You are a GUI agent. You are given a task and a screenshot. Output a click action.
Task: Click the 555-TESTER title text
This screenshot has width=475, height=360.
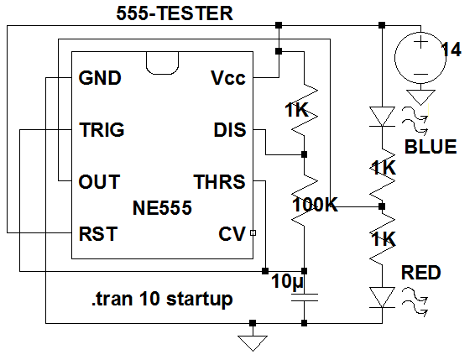(175, 13)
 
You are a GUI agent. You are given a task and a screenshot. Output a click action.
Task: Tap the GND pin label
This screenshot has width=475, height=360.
(100, 78)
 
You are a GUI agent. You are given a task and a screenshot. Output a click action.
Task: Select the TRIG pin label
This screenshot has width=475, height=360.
(102, 130)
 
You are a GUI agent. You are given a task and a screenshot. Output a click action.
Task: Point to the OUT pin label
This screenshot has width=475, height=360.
(99, 182)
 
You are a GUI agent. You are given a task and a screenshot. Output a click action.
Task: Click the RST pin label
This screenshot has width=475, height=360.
(98, 234)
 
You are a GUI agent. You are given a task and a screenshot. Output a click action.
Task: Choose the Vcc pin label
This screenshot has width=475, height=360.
(228, 78)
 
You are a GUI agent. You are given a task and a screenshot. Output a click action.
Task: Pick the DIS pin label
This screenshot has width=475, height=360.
(230, 130)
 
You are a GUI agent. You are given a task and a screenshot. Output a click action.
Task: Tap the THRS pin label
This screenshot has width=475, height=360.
(219, 182)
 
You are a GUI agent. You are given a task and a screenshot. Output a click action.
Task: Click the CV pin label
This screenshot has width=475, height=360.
(232, 234)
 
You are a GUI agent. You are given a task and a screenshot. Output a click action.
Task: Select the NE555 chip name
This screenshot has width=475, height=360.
(162, 208)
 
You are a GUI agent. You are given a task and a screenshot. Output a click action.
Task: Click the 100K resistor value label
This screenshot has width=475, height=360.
(315, 205)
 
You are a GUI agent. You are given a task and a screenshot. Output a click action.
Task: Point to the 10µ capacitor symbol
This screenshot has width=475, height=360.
(305, 298)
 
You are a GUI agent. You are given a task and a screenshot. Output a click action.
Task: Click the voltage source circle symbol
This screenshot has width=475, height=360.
(420, 57)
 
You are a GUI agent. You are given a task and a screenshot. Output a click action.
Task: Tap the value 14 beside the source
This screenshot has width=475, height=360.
(451, 50)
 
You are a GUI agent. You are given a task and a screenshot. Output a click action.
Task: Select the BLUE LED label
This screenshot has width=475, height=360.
(431, 147)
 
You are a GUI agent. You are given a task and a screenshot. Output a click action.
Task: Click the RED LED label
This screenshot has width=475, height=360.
(421, 273)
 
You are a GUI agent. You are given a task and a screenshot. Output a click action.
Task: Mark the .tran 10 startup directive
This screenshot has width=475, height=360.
(162, 299)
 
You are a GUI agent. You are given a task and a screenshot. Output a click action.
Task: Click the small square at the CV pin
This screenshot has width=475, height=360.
(253, 232)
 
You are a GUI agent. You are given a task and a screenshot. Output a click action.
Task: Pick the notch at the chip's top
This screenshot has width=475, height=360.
(162, 63)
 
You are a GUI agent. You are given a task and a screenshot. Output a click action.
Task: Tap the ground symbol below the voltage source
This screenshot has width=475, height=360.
(420, 97)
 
